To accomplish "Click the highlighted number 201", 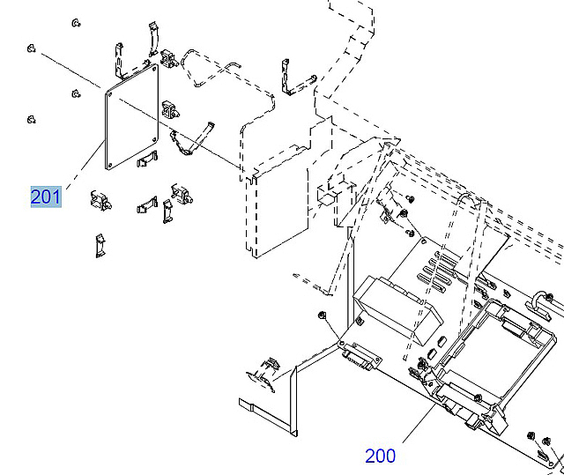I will [46, 196].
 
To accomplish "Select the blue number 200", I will [380, 456].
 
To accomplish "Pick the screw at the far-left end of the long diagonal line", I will [31, 48].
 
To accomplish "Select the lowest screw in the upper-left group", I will [31, 118].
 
